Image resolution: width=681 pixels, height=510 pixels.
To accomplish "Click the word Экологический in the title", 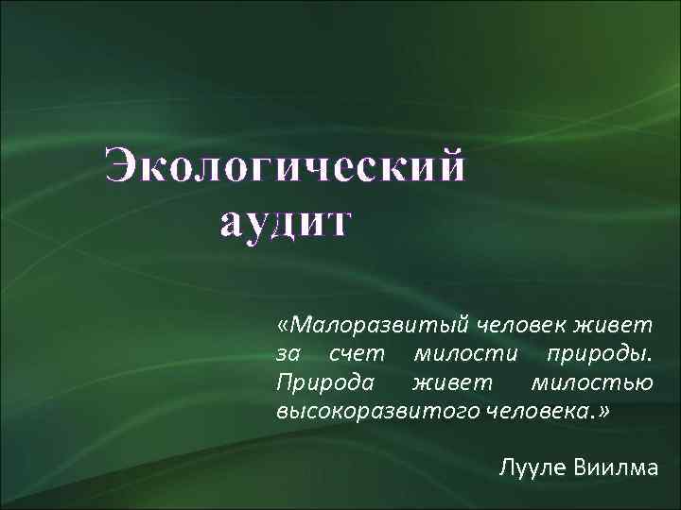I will [287, 167].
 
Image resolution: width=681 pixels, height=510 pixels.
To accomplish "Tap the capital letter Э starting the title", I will [123, 167].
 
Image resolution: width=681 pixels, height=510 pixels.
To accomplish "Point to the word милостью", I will [592, 382].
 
